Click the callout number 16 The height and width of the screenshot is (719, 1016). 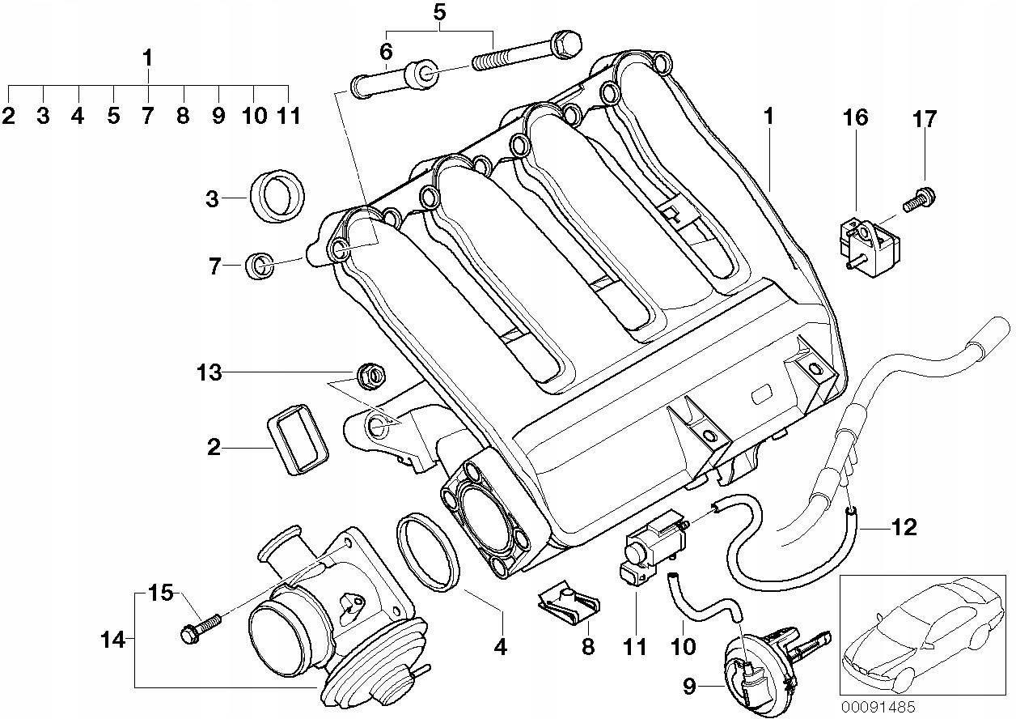point(855,118)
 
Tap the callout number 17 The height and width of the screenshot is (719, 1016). point(925,120)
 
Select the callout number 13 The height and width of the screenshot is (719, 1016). point(208,373)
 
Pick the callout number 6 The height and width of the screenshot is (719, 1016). point(386,51)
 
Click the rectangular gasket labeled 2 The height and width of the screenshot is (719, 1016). point(296,440)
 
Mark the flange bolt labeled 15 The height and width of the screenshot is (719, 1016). point(200,628)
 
